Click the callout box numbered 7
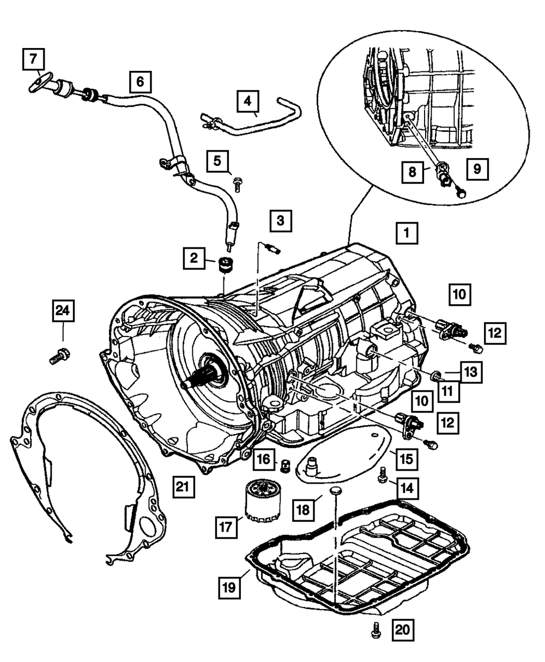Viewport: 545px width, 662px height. pos(34,59)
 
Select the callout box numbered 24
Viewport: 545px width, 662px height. pos(63,311)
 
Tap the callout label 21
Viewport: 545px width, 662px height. pos(184,486)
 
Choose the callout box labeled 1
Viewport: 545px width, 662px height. pos(407,233)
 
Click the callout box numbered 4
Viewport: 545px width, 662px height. pos(248,101)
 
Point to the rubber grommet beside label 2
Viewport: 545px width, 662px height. pos(226,264)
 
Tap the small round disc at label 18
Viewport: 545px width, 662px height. pos(336,491)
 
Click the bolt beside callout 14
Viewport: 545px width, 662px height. pos(383,476)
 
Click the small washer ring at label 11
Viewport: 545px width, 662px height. pos(437,376)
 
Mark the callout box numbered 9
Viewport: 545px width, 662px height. pos(477,169)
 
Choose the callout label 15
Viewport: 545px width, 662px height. pos(407,459)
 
